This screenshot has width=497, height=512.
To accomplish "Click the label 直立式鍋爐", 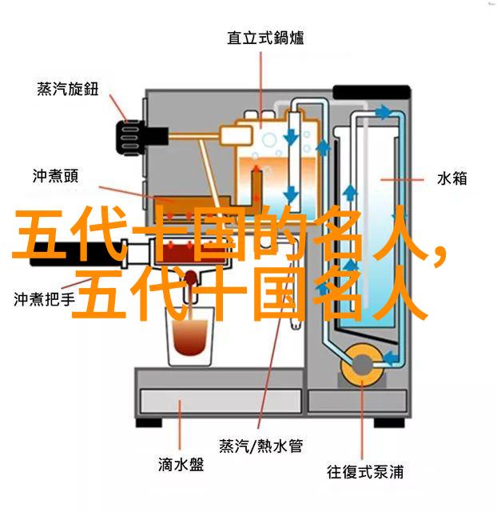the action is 265,38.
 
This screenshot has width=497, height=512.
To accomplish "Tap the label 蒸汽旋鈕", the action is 67,89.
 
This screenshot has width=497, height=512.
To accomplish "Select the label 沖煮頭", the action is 55,176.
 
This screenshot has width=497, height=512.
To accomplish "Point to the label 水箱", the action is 451,179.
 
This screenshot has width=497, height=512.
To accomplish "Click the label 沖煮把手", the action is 45,299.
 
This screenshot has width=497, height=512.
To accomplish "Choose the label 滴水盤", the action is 181,465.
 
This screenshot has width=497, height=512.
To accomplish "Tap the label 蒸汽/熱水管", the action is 261,446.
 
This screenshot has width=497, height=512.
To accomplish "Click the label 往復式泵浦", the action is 365,472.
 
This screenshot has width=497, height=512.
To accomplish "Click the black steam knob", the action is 142,137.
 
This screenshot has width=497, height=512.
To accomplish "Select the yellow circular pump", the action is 362,365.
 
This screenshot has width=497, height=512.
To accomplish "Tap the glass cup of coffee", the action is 190,336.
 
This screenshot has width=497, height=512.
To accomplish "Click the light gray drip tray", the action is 221,401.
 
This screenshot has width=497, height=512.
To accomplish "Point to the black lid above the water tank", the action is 372,92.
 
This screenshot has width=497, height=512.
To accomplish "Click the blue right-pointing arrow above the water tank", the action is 383,113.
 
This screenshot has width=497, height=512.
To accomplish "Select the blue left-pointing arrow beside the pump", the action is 391,358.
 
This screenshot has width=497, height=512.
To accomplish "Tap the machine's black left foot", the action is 149,423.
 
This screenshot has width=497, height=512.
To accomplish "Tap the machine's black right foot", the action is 389,423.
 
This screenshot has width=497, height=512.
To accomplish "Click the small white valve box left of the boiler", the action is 237,134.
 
